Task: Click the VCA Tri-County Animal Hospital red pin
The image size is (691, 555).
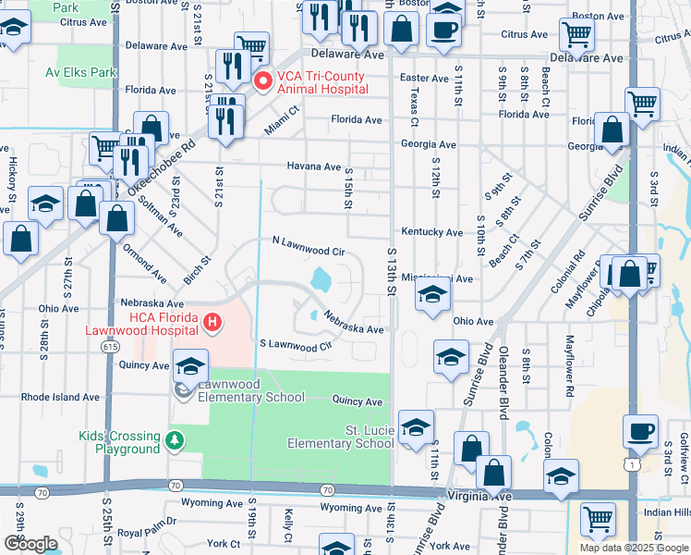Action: (262, 81)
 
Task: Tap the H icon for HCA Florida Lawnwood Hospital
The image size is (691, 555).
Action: (212, 323)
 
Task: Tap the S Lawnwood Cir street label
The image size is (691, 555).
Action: (295, 346)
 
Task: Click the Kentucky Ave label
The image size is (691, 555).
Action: (431, 232)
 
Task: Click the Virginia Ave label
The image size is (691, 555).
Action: (478, 497)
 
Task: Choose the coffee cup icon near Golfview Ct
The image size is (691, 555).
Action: (640, 432)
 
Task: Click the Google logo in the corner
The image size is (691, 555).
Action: (30, 543)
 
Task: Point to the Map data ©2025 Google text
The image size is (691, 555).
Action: (634, 548)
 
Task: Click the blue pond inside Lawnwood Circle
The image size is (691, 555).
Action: (321, 277)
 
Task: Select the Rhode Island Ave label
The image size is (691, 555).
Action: (60, 397)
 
